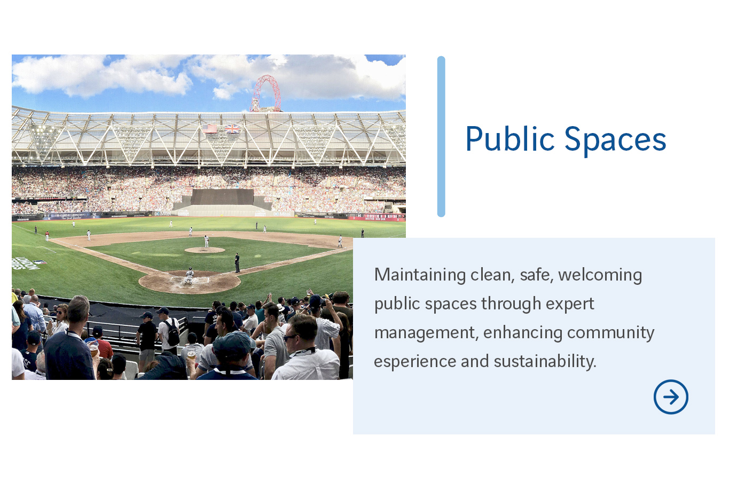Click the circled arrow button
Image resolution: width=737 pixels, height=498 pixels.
coord(671,397)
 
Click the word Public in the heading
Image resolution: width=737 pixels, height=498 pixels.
coord(510,139)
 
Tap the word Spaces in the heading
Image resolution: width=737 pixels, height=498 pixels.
coord(615,139)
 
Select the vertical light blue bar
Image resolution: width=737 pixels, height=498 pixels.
coord(441,136)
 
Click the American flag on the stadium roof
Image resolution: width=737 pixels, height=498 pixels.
coord(211,128)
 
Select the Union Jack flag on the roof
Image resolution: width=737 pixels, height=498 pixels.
coord(232,128)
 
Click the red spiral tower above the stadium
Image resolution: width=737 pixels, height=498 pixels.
coord(266,94)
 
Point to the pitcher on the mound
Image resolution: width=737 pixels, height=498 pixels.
coord(206,242)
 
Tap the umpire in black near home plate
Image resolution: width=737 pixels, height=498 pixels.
coord(237,262)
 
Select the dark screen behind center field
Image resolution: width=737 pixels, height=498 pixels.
coord(222,197)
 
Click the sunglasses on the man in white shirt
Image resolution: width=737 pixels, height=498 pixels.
coord(291,337)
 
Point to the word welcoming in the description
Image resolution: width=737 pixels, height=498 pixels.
coord(600,275)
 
